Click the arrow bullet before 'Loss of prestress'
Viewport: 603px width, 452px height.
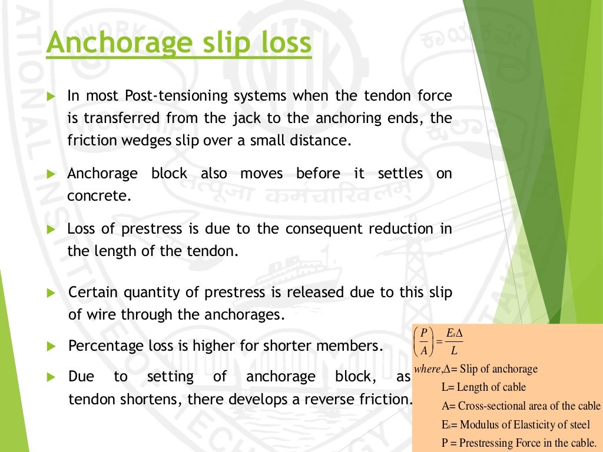51,228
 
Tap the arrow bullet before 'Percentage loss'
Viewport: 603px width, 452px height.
51,346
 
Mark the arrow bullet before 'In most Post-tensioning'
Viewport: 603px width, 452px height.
51,95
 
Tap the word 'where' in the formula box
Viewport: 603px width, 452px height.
427,369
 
